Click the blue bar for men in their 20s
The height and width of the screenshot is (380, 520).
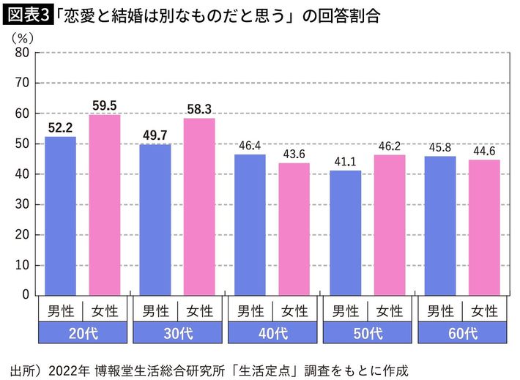coord(60,215)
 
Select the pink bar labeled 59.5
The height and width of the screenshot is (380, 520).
coord(104,204)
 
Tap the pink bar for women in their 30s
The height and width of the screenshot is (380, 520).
coord(199,206)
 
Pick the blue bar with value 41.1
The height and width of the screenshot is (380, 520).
coord(346,232)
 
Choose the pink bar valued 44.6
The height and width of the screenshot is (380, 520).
coord(484,227)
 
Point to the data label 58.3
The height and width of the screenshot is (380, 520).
coord(199,109)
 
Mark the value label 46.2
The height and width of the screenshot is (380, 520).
coord(389,146)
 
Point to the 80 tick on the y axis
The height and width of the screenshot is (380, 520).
coord(21,53)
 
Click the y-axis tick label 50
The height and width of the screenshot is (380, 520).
coord(21,144)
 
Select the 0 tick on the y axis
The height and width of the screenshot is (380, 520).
coord(25,295)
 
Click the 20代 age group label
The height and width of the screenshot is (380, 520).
coord(82,334)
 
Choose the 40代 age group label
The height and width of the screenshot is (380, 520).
coord(272,334)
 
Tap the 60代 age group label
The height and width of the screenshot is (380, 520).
coord(462,334)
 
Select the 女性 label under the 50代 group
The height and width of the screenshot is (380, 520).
coord(389,310)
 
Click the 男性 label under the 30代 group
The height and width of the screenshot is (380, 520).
coord(155,310)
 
